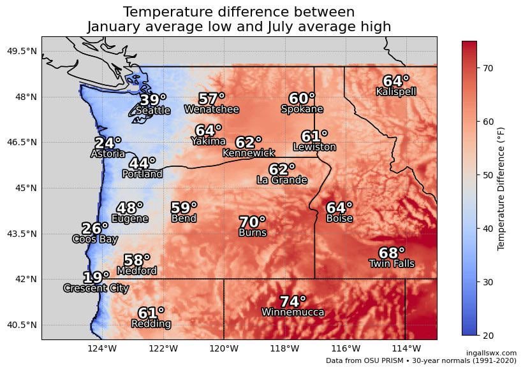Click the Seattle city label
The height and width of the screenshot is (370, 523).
tap(153, 111)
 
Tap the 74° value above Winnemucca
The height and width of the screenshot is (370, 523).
tap(293, 302)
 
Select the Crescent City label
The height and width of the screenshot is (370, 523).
tap(96, 288)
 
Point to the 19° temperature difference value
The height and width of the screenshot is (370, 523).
tap(96, 278)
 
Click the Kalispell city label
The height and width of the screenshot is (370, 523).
tap(396, 92)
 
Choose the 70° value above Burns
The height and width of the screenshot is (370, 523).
tap(253, 222)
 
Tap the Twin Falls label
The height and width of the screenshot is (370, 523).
tap(392, 264)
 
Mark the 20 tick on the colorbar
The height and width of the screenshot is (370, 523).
tap(489, 335)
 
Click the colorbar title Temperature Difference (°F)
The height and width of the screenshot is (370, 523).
tap(501, 188)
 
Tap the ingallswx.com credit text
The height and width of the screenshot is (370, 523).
tap(491, 353)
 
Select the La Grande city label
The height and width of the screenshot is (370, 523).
tap(282, 180)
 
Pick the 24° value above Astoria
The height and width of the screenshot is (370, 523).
tap(108, 143)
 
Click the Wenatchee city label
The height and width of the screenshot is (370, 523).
tap(212, 110)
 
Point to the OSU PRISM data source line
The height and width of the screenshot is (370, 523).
tap(421, 360)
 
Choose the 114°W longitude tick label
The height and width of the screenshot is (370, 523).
tap(406, 348)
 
